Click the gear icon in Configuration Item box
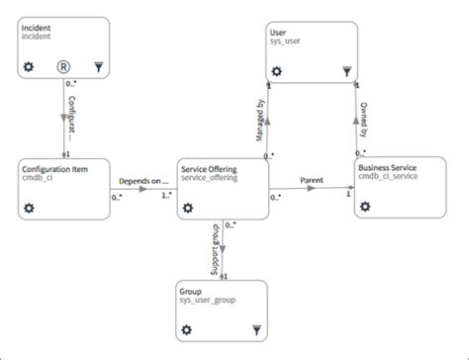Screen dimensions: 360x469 tap(29, 209)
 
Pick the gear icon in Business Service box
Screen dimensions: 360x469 tap(365, 208)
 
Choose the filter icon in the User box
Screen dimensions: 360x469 tap(345, 70)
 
